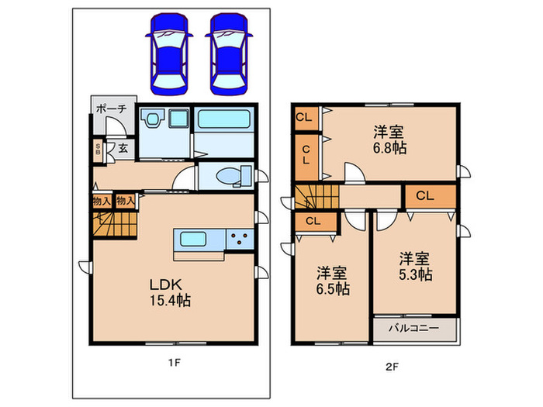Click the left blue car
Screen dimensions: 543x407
point(169,54)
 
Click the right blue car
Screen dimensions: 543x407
point(229,54)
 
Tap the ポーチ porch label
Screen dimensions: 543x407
point(111,109)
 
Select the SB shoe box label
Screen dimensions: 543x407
point(98,149)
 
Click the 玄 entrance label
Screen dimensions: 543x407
point(123,148)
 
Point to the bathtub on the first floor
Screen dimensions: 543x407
point(224,119)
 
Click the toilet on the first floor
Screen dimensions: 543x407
point(234,176)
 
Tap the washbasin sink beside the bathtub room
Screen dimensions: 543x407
point(179,119)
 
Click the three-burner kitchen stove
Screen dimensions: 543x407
point(240,239)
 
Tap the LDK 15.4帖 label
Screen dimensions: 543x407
point(170,292)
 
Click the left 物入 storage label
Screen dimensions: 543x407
point(102,201)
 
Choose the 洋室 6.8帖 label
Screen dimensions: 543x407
point(389,140)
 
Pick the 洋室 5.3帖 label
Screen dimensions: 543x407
point(415,267)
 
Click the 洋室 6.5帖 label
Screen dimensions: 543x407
point(333,281)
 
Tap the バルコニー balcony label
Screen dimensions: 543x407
point(413,327)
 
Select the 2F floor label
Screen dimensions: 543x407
point(392,367)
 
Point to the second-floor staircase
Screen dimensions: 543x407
point(316,197)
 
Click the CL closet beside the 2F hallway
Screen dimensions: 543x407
point(431,197)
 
